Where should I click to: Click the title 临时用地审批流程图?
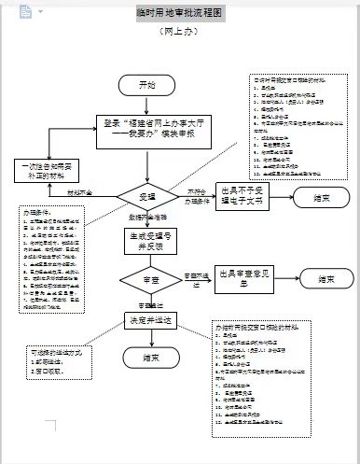point(179,15)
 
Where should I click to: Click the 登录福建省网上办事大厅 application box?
point(148,128)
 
